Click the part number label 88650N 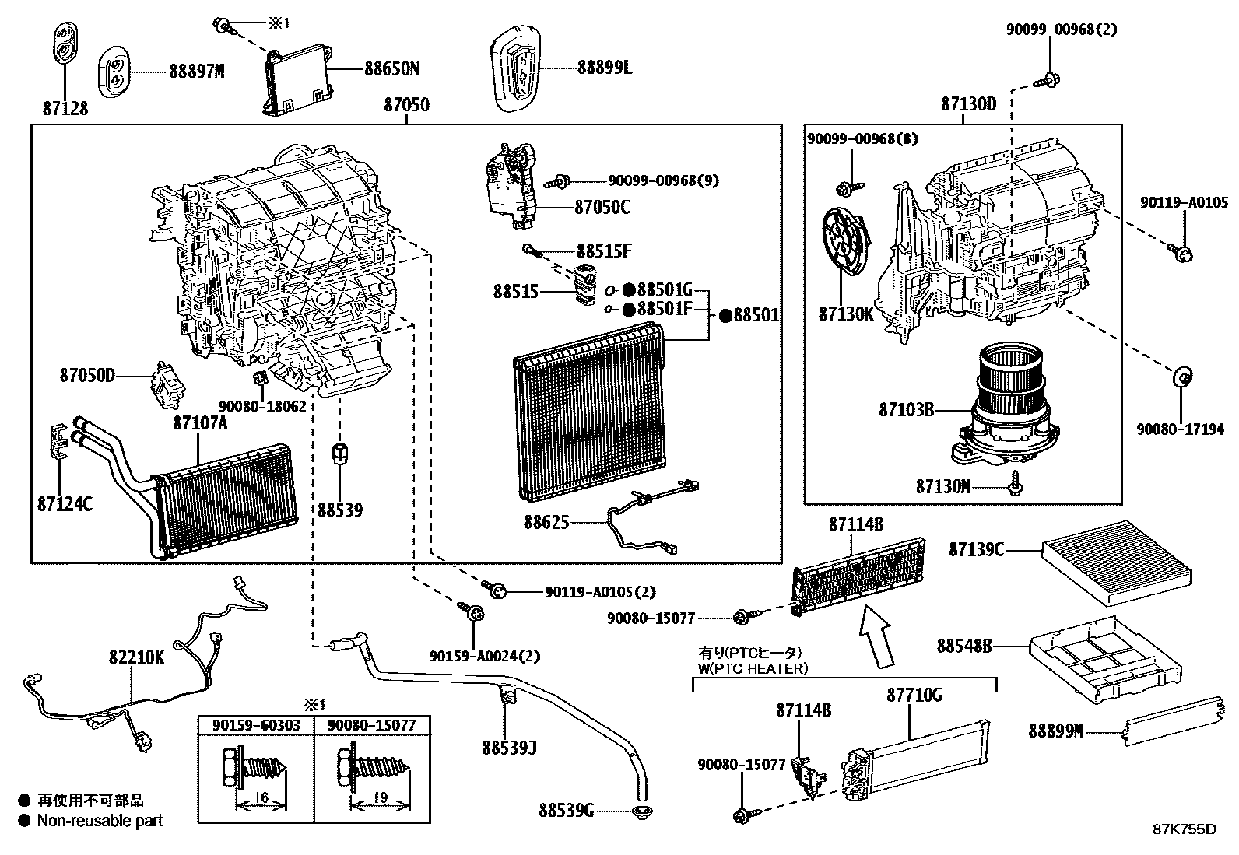click(x=391, y=69)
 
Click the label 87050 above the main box click(x=405, y=104)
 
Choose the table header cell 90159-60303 click(x=255, y=725)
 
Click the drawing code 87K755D click(x=1184, y=829)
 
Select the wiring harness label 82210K click(x=136, y=657)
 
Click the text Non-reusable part click(x=100, y=820)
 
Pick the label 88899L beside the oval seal click(x=604, y=68)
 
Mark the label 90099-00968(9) click(x=662, y=181)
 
